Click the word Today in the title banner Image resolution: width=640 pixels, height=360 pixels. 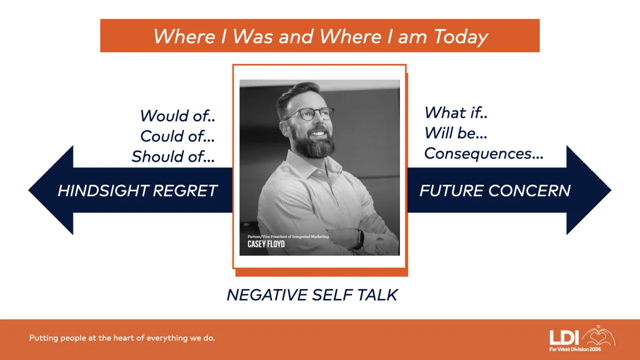[461, 37]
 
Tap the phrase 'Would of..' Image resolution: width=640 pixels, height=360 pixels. [178, 116]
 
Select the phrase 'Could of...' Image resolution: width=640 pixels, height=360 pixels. [178, 137]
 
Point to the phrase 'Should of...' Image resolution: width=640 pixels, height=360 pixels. [173, 157]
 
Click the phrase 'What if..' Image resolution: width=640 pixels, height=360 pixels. [456, 113]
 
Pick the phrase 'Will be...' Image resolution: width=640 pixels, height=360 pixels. [455, 133]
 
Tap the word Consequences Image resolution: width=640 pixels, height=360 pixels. [478, 154]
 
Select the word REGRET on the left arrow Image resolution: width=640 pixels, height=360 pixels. [185, 190]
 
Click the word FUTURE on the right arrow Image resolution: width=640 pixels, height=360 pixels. [452, 190]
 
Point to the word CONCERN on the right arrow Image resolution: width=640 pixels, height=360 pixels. [530, 190]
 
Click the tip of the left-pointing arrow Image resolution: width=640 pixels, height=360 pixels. [29, 190]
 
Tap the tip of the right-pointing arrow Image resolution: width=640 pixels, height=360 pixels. [611, 190]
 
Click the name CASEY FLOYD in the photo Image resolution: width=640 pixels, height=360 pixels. [266, 244]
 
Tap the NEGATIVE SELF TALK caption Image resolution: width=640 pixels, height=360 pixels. [313, 295]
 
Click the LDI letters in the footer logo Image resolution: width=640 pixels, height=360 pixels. [564, 338]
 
